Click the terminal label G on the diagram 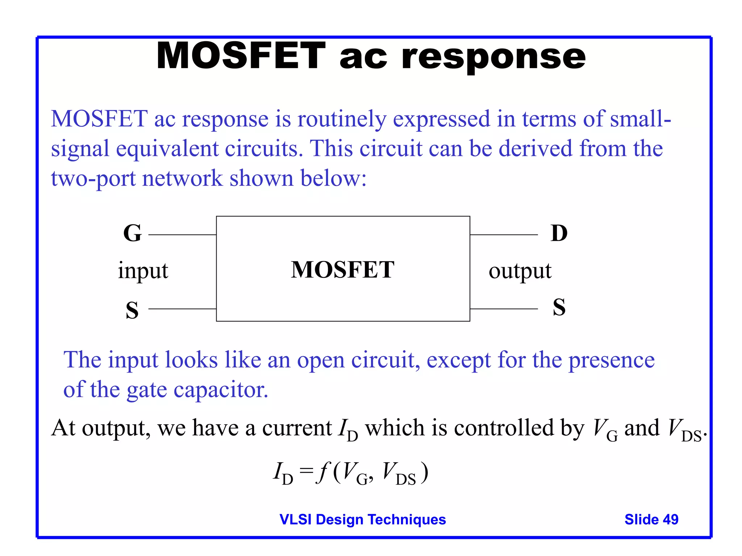pyautogui.click(x=132, y=233)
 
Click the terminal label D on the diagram pyautogui.click(x=559, y=233)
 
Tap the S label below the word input pyautogui.click(x=132, y=310)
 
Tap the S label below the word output pyautogui.click(x=559, y=307)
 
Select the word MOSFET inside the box pyautogui.click(x=343, y=270)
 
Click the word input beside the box pyautogui.click(x=143, y=271)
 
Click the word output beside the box pyautogui.click(x=520, y=271)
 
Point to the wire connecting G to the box pyautogui.click(x=182, y=235)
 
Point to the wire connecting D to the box pyautogui.click(x=504, y=235)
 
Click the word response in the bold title pyautogui.click(x=493, y=56)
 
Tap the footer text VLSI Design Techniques pyautogui.click(x=363, y=519)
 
